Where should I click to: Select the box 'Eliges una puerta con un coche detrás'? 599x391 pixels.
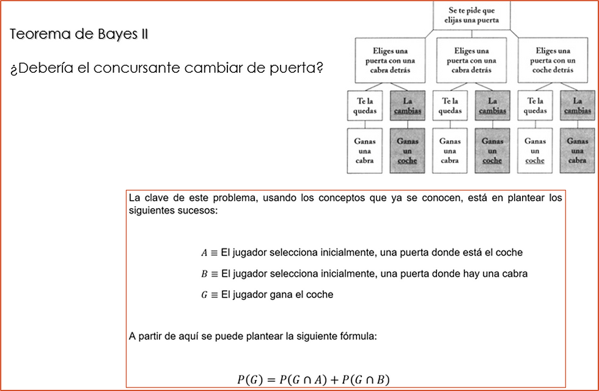[552, 61]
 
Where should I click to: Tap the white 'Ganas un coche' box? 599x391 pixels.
[535, 151]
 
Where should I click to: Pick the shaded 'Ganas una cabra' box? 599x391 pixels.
[577, 151]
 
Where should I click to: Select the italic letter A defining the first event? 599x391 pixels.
[205, 253]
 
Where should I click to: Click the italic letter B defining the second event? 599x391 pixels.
[205, 274]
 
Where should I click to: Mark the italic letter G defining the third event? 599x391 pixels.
[205, 295]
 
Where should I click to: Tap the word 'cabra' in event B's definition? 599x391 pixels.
[514, 274]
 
